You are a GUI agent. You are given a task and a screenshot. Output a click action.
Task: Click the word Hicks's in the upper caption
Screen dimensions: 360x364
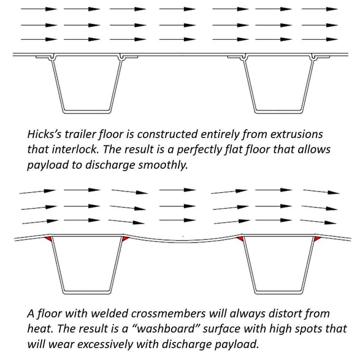[x=44, y=134]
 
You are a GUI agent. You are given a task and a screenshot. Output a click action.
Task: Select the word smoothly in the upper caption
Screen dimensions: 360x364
[x=163, y=165]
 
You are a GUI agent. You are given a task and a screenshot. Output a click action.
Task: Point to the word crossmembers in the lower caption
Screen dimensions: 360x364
[x=168, y=314]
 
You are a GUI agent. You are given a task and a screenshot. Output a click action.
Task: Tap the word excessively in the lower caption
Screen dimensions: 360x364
[x=105, y=344]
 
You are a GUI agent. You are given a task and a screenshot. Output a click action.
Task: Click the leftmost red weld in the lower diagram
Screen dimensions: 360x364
[x=48, y=239]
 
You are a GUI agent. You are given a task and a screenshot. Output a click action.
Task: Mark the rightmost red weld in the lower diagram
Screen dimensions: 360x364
[x=317, y=239]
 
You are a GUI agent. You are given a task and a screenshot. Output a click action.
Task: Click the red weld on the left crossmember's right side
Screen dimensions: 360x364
[x=125, y=239]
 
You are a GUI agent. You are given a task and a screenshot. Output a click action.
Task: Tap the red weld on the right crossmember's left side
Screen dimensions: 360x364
[x=240, y=239]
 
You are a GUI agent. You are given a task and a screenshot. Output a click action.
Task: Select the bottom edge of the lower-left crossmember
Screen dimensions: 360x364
[x=86, y=293]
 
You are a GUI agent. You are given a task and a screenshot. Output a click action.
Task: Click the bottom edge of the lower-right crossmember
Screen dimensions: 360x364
[x=278, y=293]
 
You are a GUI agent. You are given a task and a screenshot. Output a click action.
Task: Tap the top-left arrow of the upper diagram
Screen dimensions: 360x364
[x=39, y=9]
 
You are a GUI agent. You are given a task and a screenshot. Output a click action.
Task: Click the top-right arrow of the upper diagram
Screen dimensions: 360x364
[x=320, y=9]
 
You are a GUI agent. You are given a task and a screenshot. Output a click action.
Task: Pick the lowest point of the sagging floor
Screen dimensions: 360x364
[x=183, y=242]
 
